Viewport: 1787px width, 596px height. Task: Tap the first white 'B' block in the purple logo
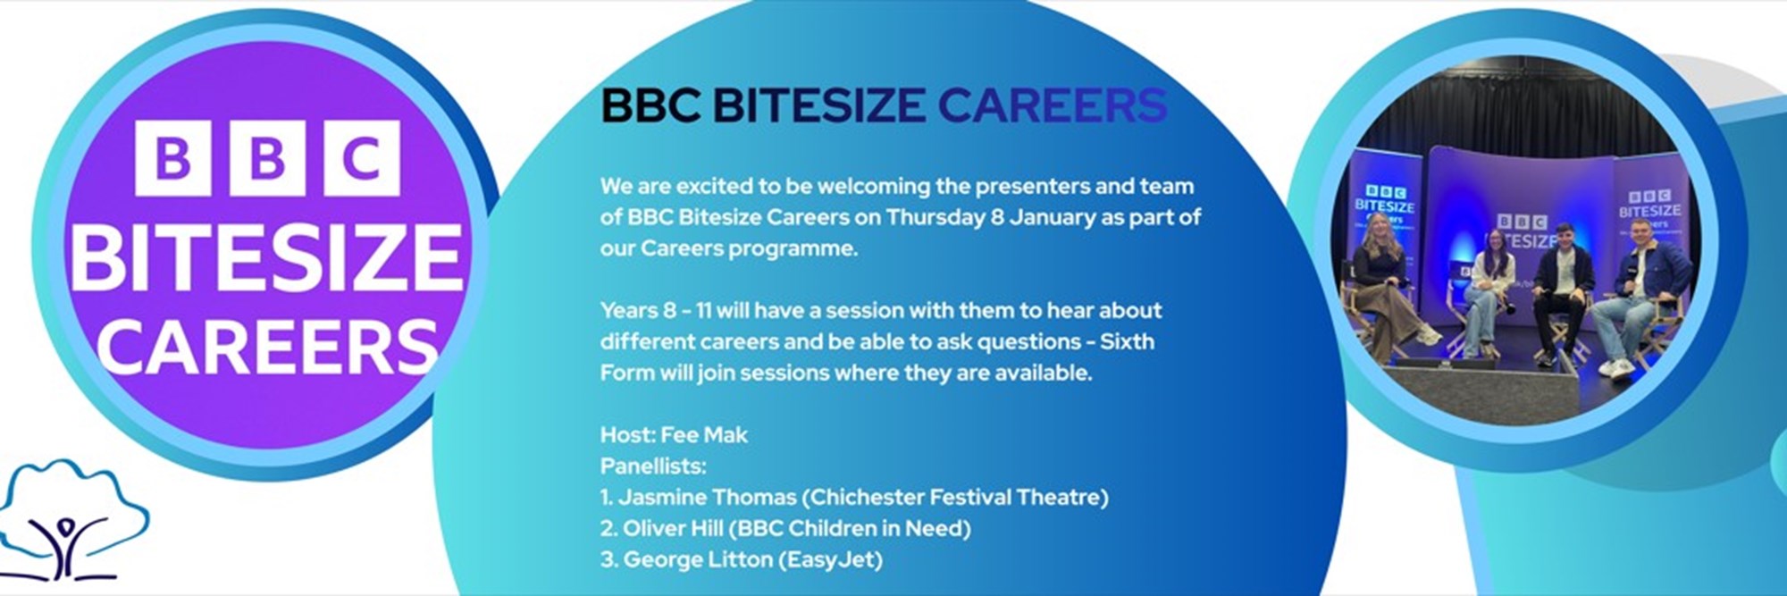(x=172, y=158)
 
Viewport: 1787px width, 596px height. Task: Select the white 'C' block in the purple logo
(x=362, y=158)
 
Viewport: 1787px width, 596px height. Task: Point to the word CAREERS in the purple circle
(x=268, y=345)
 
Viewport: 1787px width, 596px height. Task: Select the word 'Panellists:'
(x=653, y=466)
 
